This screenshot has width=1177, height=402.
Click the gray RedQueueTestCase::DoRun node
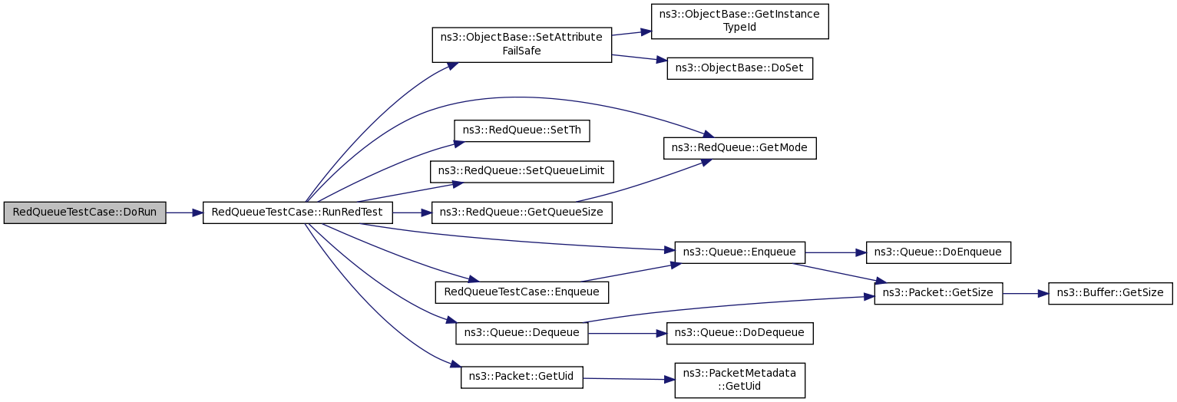[84, 213]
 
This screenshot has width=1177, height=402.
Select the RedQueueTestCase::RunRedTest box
[297, 213]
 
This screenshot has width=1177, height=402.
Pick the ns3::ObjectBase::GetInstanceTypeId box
[739, 21]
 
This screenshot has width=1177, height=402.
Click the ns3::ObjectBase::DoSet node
[739, 68]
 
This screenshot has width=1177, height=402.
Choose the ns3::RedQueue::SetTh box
[522, 130]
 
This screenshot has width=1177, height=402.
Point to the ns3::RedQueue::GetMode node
[739, 147]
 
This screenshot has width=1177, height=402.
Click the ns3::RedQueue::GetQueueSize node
[522, 213]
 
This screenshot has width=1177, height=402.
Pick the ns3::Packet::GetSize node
[938, 293]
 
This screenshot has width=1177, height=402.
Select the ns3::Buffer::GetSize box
[1110, 293]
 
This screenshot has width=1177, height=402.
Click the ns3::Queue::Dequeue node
[522, 333]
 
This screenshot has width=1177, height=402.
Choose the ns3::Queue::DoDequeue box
[739, 333]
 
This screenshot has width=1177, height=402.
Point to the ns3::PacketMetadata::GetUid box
[739, 380]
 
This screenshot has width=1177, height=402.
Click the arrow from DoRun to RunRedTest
[184, 213]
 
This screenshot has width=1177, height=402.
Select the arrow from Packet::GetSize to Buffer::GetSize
[1025, 293]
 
